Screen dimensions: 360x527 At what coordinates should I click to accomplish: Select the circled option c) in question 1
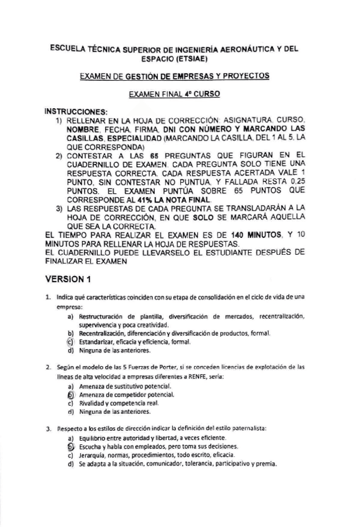click(70, 342)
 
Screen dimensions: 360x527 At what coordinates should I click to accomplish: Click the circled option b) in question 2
click(70, 394)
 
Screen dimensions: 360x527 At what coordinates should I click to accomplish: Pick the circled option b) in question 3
click(70, 446)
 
